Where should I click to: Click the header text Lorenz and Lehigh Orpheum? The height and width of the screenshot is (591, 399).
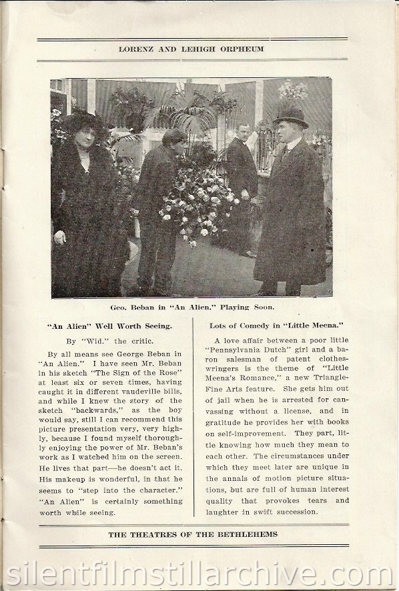point(198,49)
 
